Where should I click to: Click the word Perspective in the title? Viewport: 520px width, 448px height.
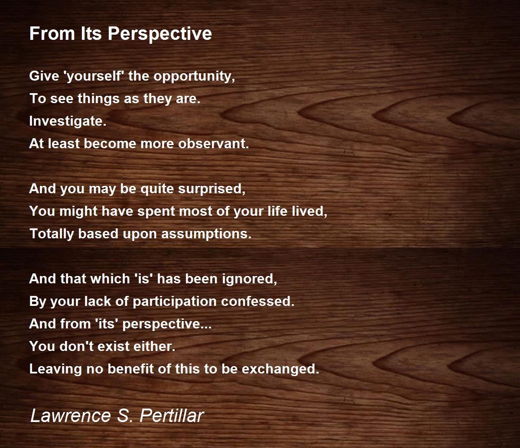coord(160,34)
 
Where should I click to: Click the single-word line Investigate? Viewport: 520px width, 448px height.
coord(68,121)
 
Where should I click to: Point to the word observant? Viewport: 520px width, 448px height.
coord(214,144)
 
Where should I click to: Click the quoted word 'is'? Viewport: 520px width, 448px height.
coord(143,279)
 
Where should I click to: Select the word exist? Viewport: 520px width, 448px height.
coord(113,346)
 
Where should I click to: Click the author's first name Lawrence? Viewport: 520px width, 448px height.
coord(71,416)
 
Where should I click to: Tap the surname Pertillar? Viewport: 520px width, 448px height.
coord(172,416)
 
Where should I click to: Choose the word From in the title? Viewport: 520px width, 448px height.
coord(52,34)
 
